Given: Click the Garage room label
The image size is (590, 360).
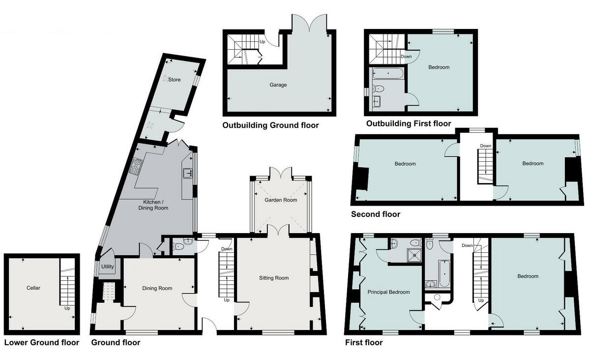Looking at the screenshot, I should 278,85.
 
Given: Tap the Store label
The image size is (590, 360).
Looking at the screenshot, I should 175,80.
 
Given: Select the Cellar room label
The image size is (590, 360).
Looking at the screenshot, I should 33,288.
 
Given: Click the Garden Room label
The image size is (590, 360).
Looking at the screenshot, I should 281,201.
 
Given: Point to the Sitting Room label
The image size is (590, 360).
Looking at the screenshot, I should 274,278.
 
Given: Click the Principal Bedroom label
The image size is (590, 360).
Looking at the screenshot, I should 388,292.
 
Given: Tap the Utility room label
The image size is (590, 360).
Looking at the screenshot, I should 108,267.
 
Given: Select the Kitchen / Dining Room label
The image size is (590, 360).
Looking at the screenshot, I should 155,205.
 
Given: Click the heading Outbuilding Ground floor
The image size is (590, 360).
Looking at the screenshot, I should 270,125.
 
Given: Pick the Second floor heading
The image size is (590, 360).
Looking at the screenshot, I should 375,214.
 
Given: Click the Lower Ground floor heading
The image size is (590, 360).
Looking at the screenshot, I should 42,343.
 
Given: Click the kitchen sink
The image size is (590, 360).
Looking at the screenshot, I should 188,173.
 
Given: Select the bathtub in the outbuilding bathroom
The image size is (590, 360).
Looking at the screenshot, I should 388,74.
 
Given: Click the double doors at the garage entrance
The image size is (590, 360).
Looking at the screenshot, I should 309,23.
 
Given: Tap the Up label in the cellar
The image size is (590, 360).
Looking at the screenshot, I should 67,309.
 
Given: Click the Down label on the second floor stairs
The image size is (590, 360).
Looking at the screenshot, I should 485,146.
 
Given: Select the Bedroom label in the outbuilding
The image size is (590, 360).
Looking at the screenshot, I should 439,67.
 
